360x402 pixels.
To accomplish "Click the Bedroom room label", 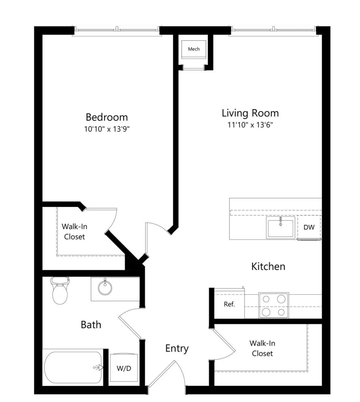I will (x=107, y=117).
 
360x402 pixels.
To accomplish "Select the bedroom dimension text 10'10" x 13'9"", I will (x=107, y=129).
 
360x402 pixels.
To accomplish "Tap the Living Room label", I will (x=250, y=113).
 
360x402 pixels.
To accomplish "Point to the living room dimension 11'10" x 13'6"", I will (x=250, y=125).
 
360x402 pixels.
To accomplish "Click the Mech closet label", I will (x=194, y=49).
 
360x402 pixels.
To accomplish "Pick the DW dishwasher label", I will (x=309, y=227).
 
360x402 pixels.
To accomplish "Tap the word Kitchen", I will (x=268, y=267).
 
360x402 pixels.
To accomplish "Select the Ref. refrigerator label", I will (x=229, y=304).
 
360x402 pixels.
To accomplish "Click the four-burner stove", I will (x=274, y=305).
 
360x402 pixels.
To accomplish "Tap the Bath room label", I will (x=91, y=325).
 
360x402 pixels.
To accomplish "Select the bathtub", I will (x=73, y=367).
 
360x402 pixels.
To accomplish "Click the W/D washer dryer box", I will (x=124, y=368).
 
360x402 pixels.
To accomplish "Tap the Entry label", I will (x=177, y=348).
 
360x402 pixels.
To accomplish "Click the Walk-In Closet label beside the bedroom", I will (x=74, y=231).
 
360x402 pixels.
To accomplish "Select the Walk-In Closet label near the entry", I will (x=262, y=348).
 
